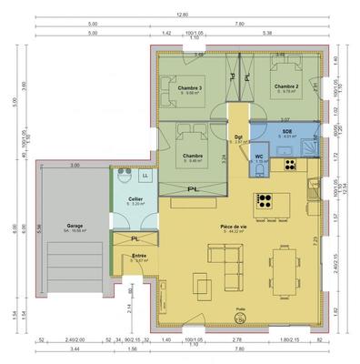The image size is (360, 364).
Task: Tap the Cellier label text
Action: [x=135, y=198]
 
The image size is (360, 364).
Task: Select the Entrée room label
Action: [x=139, y=257]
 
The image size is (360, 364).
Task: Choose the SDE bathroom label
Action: [x=286, y=132]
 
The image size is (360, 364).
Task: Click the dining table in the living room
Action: [x=289, y=270]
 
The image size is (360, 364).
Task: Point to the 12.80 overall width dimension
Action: [x=180, y=15]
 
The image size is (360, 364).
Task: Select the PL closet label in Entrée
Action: [x=135, y=239]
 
